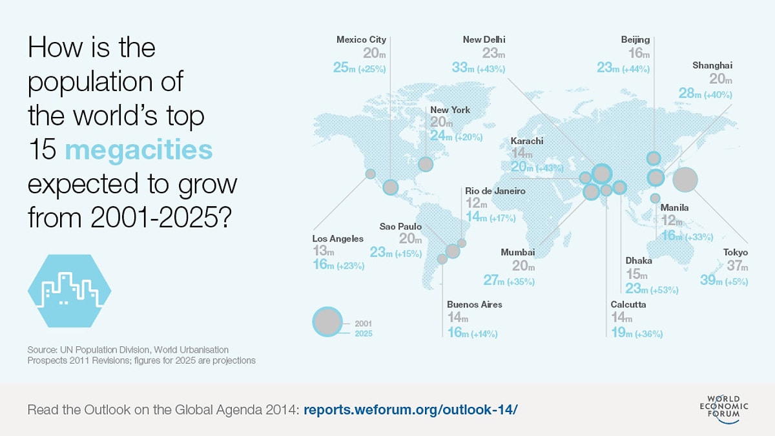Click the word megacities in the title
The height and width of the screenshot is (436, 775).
point(139,151)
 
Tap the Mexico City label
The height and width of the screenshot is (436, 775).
point(361,40)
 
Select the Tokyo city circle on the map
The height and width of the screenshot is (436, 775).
point(685,180)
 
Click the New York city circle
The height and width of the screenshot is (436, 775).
point(426,164)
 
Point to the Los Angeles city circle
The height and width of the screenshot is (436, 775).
point(371,174)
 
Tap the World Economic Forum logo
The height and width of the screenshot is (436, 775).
point(728,410)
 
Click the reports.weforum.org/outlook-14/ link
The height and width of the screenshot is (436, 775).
point(410,410)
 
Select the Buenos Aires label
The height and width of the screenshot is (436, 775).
point(474,304)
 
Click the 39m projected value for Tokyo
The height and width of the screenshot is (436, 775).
point(713,280)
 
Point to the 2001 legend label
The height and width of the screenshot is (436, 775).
point(363,322)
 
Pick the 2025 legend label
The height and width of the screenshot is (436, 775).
point(363,333)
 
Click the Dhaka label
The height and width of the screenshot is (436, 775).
point(639,261)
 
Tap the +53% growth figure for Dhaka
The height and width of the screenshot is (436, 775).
point(664,291)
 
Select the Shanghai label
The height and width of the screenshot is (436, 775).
point(712,65)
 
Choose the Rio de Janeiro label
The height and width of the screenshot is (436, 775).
point(495,191)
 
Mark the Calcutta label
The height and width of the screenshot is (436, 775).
point(628,304)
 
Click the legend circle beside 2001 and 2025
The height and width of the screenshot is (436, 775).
point(327,322)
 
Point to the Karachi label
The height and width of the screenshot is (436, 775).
point(527,141)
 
